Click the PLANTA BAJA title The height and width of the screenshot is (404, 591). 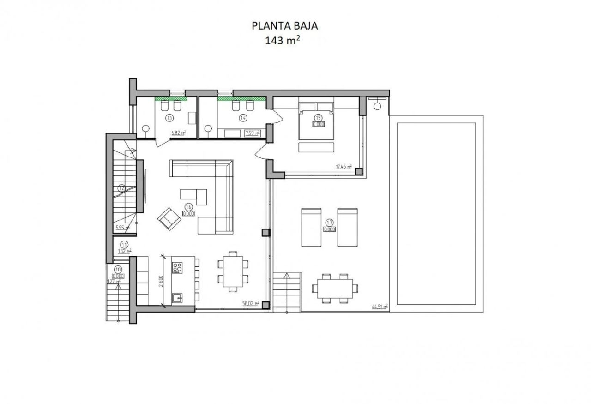pos(285,26)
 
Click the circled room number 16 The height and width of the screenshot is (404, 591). pos(188,207)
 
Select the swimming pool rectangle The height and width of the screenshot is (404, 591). pos(436,213)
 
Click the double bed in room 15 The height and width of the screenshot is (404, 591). pos(316,124)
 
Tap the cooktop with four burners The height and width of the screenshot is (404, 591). pos(178,267)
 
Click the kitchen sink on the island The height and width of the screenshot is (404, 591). pos(177,298)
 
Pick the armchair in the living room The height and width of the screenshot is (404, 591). pos(169,218)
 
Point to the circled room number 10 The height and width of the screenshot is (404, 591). pos(118,269)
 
